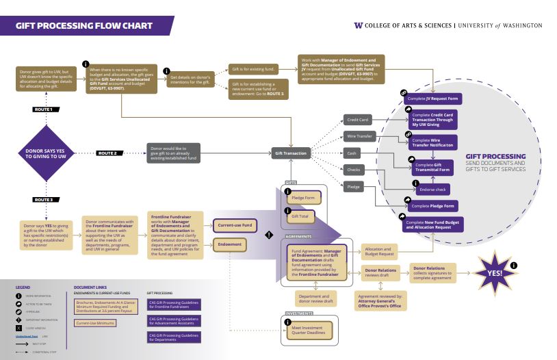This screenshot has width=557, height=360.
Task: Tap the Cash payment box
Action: click(x=352, y=153)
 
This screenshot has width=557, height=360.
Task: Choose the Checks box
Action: click(x=353, y=170)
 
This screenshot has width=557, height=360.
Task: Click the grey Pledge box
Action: click(x=354, y=186)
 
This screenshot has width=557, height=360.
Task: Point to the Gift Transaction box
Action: click(x=290, y=153)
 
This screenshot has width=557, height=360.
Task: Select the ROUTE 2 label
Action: click(x=112, y=153)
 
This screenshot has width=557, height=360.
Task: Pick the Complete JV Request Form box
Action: click(x=432, y=99)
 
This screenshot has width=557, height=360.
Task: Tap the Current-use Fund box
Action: click(x=234, y=224)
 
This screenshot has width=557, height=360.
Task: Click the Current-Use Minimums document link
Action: click(x=96, y=322)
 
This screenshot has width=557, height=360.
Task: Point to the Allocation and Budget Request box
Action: click(x=378, y=251)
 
